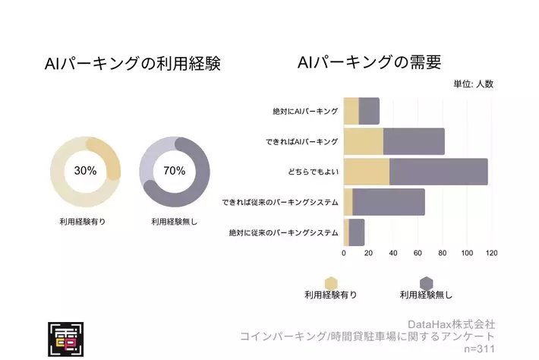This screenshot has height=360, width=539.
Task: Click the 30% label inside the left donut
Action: tap(85, 171)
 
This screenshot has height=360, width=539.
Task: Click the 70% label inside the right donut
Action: tap(174, 171)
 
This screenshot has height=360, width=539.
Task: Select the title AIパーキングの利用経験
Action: tap(133, 64)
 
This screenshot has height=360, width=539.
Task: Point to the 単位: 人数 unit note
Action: tap(473, 84)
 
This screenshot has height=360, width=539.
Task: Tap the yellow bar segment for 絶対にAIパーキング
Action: tap(351, 111)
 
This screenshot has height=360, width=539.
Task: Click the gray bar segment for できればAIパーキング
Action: tap(414, 141)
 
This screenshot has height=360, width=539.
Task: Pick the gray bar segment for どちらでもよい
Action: tap(438, 172)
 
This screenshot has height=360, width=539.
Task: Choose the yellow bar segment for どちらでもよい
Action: tap(366, 172)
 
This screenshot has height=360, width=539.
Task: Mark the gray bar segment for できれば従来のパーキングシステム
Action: tap(389, 202)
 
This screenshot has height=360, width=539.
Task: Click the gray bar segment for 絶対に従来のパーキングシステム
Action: tap(356, 232)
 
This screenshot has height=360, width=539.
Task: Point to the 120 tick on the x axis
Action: tap(491, 254)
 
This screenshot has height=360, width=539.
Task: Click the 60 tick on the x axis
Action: tap(418, 254)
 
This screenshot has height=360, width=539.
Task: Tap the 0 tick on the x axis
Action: tap(344, 254)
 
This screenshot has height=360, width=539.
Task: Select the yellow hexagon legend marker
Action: tap(331, 283)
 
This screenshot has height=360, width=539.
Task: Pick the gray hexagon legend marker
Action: tap(426, 283)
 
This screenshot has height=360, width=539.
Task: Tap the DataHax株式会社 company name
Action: tap(451, 324)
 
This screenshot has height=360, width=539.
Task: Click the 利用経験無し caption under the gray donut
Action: tap(174, 222)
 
